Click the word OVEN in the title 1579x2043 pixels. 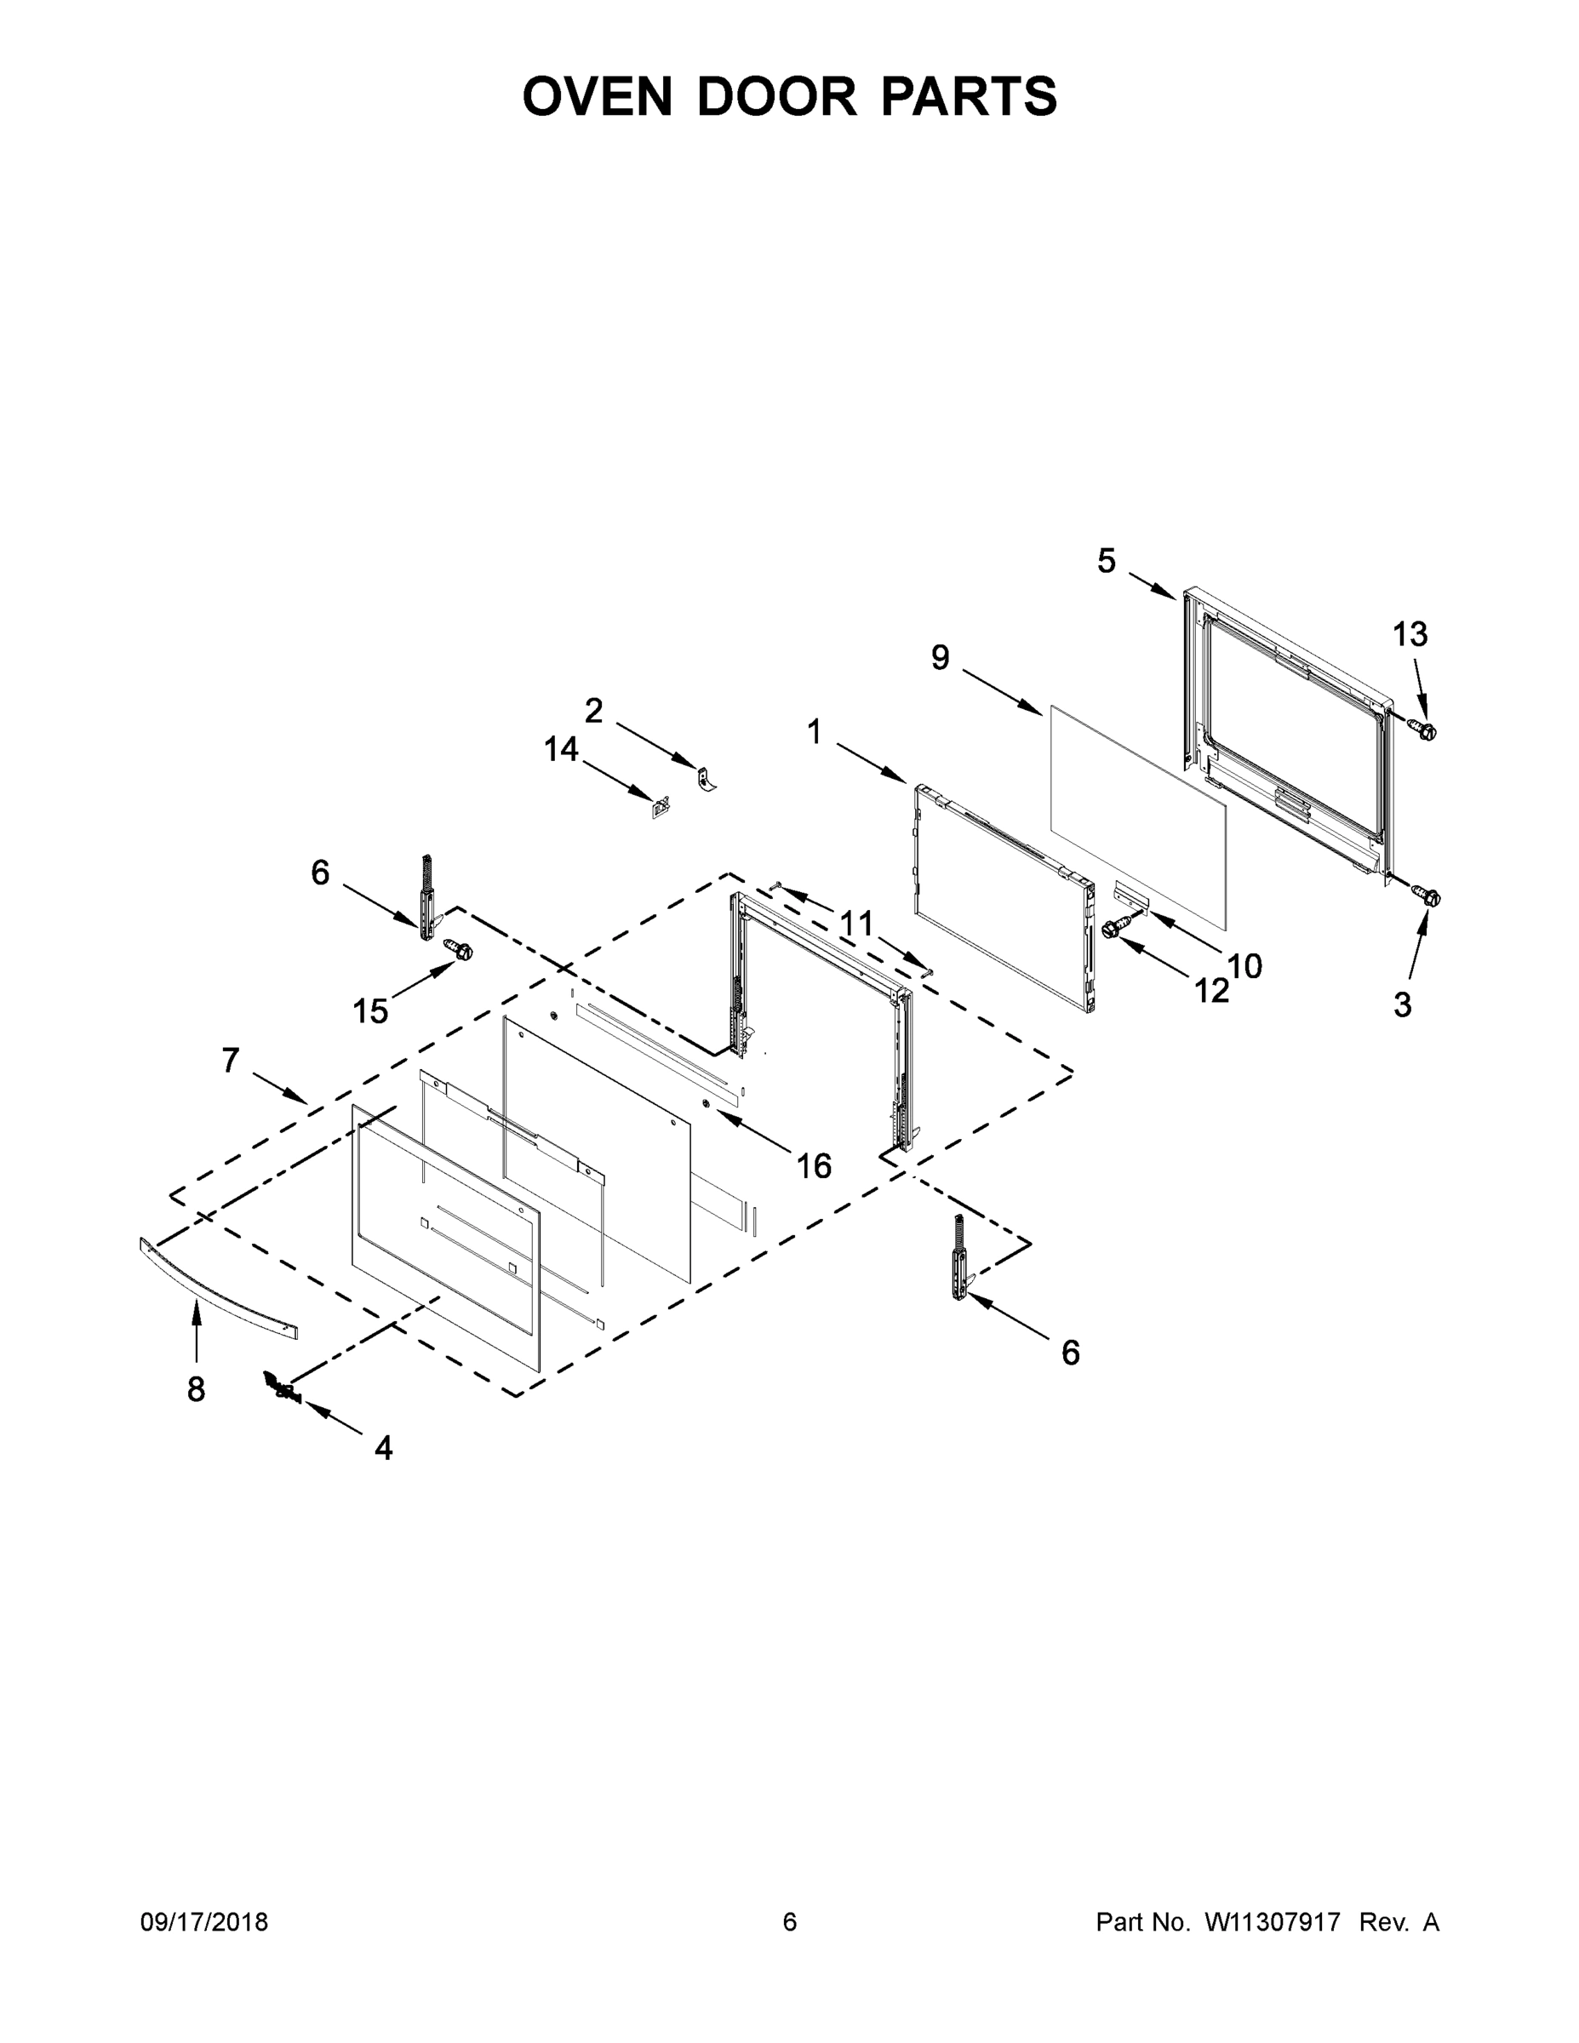coord(597,96)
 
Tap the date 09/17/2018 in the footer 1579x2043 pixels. coord(204,1922)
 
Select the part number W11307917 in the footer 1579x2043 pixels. coord(1273,1922)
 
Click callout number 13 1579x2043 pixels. coord(1410,634)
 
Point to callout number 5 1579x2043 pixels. coord(1107,561)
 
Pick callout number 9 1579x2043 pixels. coord(940,658)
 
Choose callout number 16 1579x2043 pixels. coord(814,1165)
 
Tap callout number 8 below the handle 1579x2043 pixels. coord(196,1390)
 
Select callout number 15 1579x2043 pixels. coord(370,1011)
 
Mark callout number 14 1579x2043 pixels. coord(561,749)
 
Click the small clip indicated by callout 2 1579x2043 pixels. coord(707,777)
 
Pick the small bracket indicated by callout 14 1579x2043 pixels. coord(661,806)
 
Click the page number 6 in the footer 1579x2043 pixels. coord(790,1922)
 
